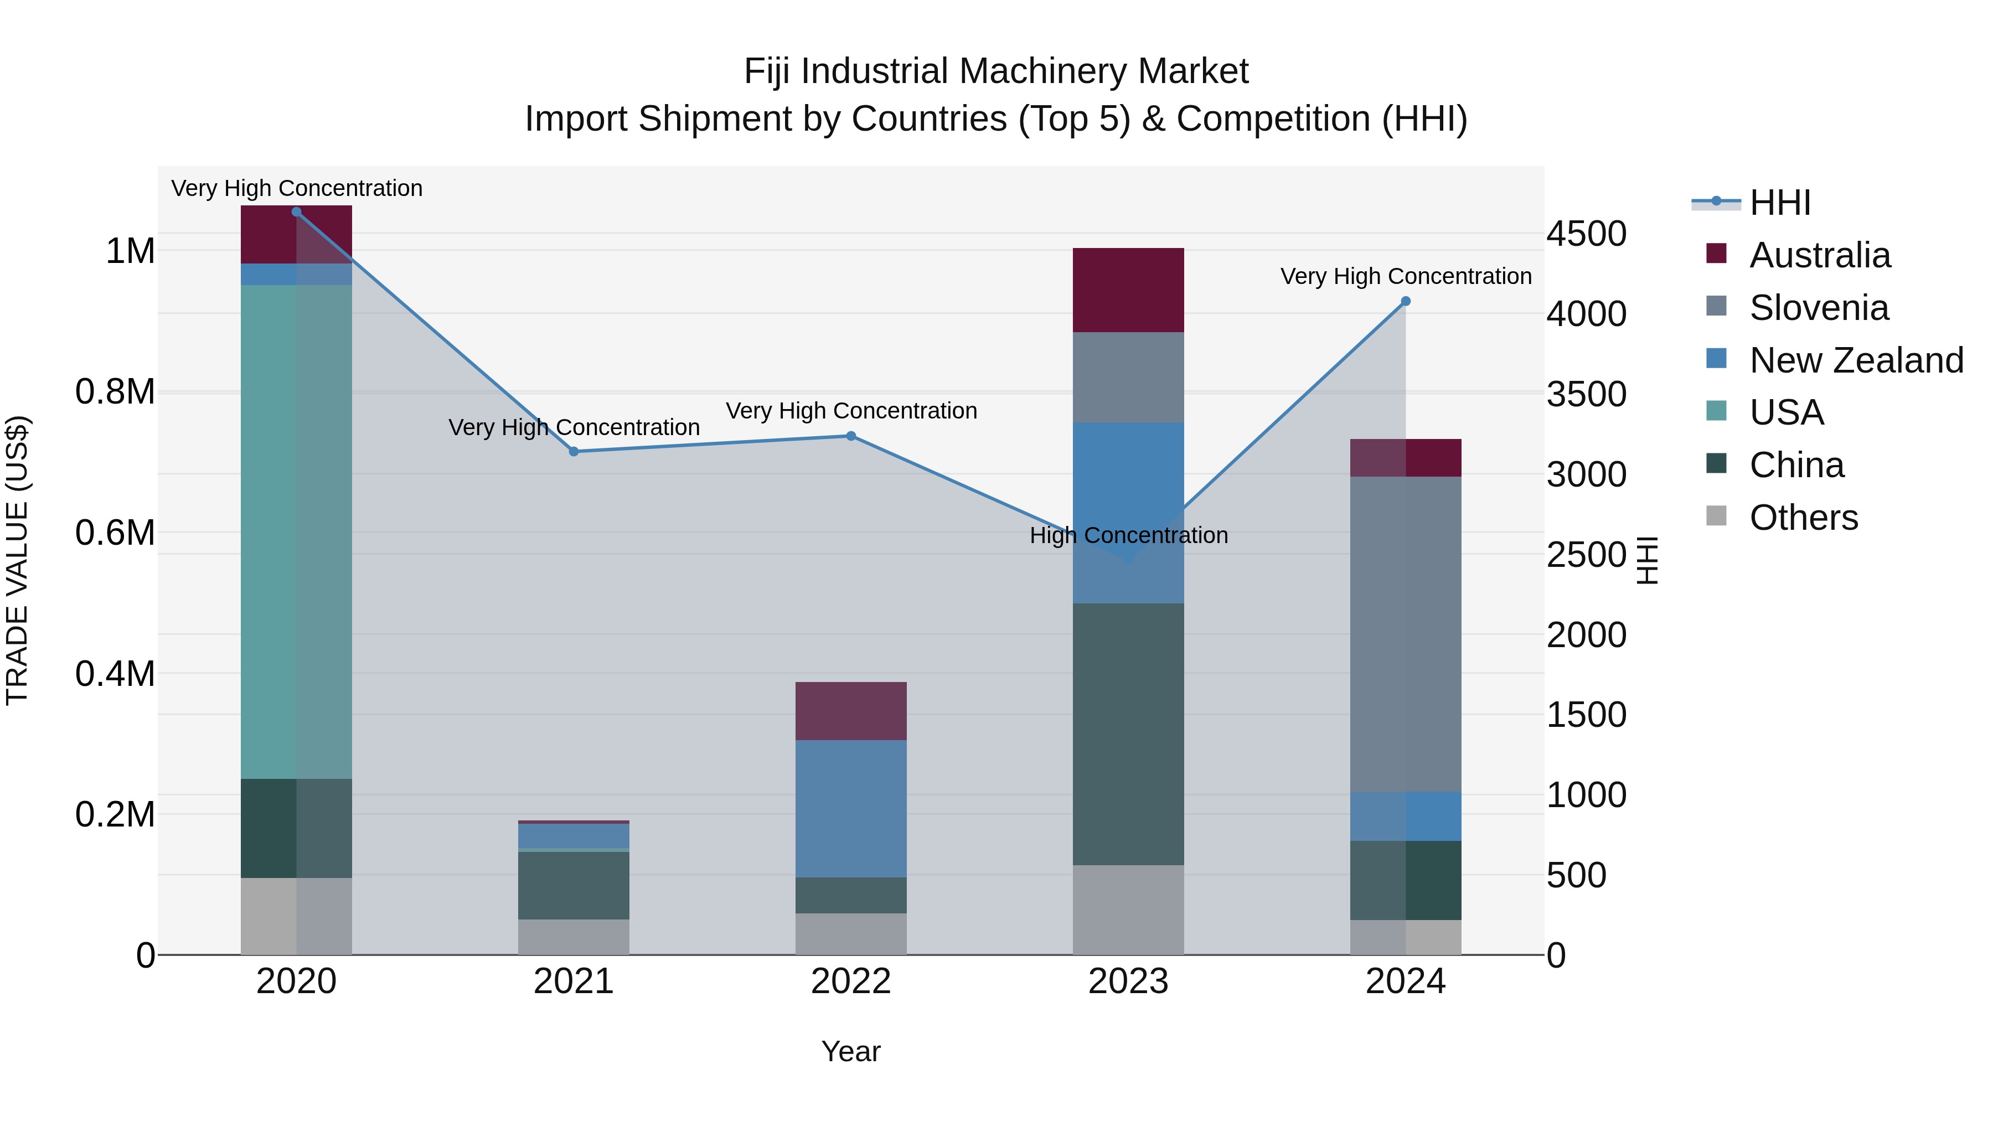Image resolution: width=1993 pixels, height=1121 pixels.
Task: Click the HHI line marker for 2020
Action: point(296,212)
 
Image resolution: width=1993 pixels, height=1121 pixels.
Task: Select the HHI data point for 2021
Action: point(574,452)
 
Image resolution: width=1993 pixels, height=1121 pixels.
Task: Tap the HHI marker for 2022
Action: point(851,436)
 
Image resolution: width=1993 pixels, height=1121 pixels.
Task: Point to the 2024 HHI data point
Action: point(1406,302)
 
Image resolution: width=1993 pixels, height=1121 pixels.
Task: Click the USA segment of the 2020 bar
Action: point(296,531)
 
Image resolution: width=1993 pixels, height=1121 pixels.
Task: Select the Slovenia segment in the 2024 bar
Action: point(1406,634)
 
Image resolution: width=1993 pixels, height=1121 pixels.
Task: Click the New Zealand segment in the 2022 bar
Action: point(851,808)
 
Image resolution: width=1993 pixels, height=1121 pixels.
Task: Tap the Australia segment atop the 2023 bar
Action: point(1128,290)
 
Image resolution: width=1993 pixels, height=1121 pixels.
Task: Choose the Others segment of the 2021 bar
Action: point(574,937)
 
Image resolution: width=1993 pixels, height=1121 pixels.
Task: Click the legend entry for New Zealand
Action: point(1855,360)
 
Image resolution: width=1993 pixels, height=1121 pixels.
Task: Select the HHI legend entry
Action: point(1779,203)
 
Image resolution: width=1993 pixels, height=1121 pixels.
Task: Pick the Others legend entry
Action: point(1803,518)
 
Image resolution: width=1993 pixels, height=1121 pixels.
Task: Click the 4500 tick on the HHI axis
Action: point(1586,234)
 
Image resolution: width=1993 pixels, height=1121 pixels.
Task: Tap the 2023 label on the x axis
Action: point(1128,981)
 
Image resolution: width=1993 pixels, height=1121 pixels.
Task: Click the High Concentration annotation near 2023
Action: point(1128,535)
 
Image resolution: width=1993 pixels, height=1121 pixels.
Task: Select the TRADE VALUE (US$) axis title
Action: point(17,560)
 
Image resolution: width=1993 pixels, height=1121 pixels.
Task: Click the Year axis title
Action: point(850,1051)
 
